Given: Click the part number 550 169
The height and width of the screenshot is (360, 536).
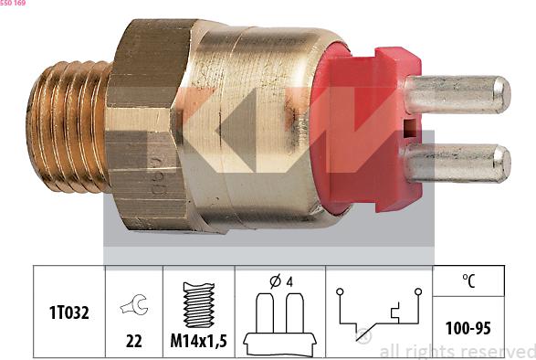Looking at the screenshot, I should (x=13, y=4).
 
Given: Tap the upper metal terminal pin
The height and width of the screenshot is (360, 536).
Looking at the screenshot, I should (x=457, y=94).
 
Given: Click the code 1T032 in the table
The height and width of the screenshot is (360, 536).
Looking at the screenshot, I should (x=69, y=312).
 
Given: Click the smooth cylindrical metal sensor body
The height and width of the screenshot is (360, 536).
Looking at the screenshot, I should (x=265, y=128).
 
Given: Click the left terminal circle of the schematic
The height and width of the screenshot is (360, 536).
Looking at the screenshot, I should (x=340, y=292).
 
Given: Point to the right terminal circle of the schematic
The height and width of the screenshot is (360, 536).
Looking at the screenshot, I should (x=417, y=292).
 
